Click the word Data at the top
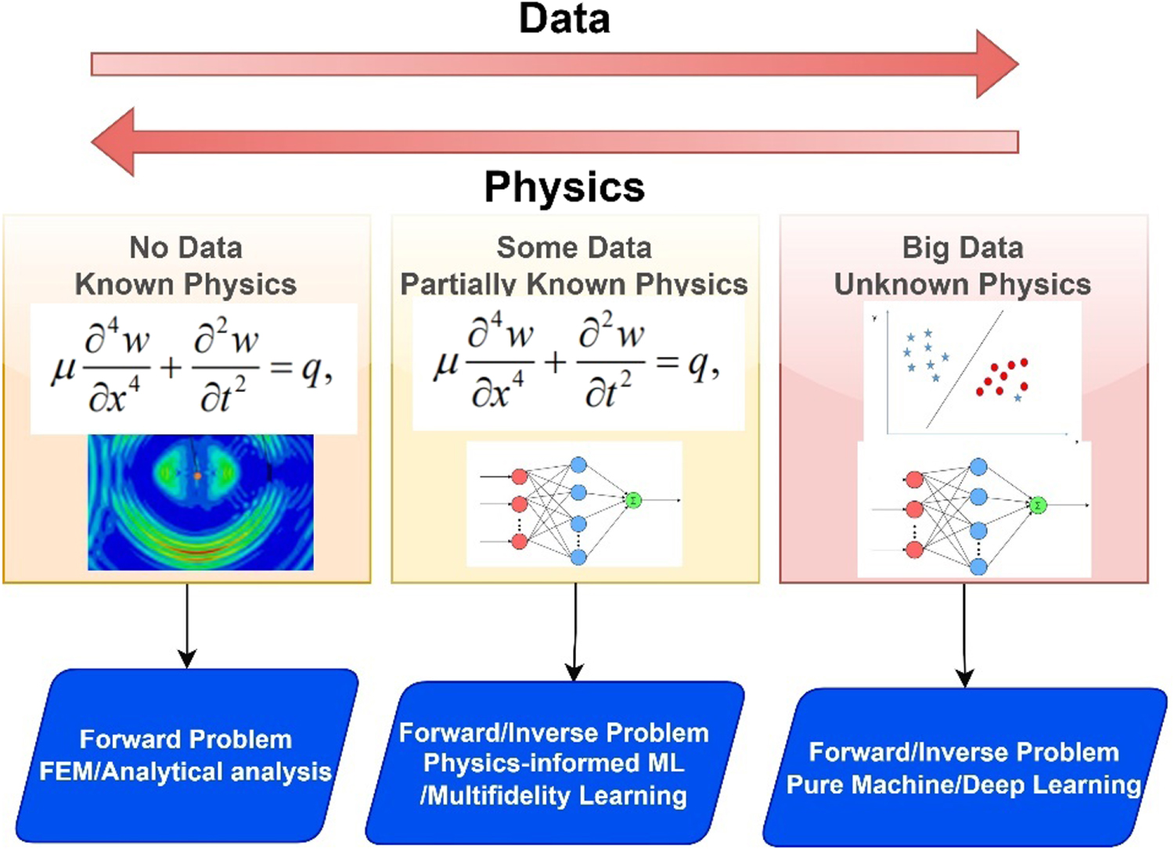(x=564, y=19)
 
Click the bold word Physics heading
(x=564, y=187)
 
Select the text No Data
(x=185, y=247)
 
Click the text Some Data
(x=574, y=247)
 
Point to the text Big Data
(x=963, y=247)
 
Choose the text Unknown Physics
(x=963, y=284)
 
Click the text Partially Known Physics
(x=574, y=284)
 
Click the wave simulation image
(x=200, y=502)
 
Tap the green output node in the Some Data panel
(x=633, y=500)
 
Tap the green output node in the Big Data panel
(x=1038, y=505)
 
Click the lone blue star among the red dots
(x=1017, y=398)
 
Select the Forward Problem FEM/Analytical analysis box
(x=186, y=755)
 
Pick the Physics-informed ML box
(x=554, y=763)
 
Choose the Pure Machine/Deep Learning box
(x=963, y=768)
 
